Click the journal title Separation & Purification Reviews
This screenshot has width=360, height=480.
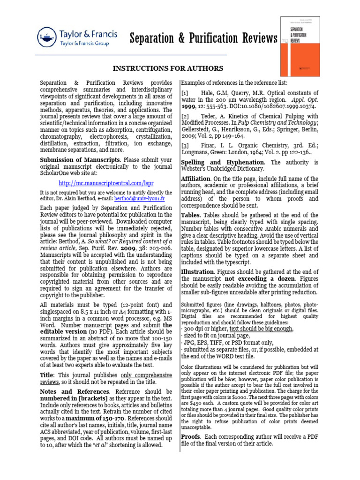click(203, 38)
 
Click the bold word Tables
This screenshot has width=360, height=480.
click(190, 215)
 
